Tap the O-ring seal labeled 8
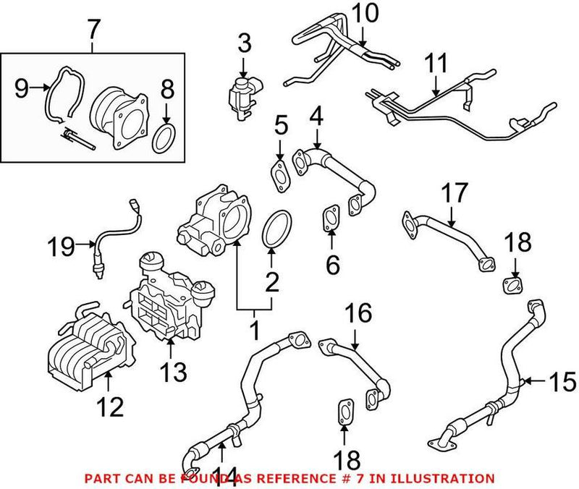coord(164,137)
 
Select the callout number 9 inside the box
coord(22,90)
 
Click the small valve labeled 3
coord(241,93)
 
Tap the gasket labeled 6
coord(330,217)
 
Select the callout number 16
coord(359,313)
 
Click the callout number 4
coord(316,115)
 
